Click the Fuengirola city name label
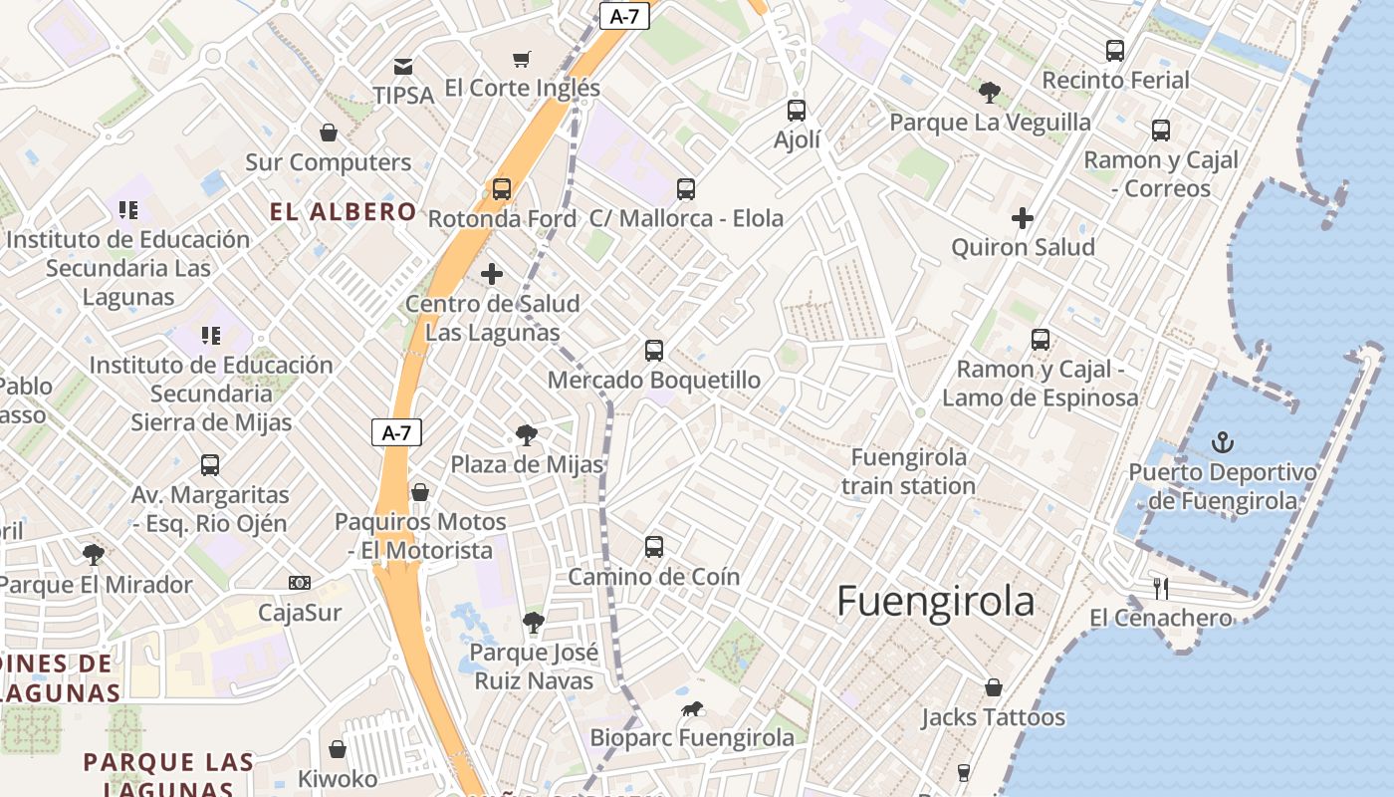point(935,602)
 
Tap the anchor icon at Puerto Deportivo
point(1222,442)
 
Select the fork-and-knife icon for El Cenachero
point(1160,588)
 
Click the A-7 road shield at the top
point(624,15)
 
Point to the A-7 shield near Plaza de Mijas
point(396,432)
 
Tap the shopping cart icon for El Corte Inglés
point(522,59)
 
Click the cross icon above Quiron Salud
point(1023,217)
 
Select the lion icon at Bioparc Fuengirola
point(691,708)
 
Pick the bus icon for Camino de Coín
point(653,546)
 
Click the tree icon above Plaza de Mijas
point(527,434)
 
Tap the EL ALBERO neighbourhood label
point(344,211)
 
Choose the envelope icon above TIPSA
point(403,67)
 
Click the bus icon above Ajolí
point(796,110)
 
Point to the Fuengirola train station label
point(907,471)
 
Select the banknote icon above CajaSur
point(299,582)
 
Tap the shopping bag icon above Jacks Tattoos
point(993,687)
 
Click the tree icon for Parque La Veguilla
point(989,93)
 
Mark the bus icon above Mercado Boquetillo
point(653,350)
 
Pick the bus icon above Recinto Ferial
point(1115,50)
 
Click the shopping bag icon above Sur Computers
point(328,132)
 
